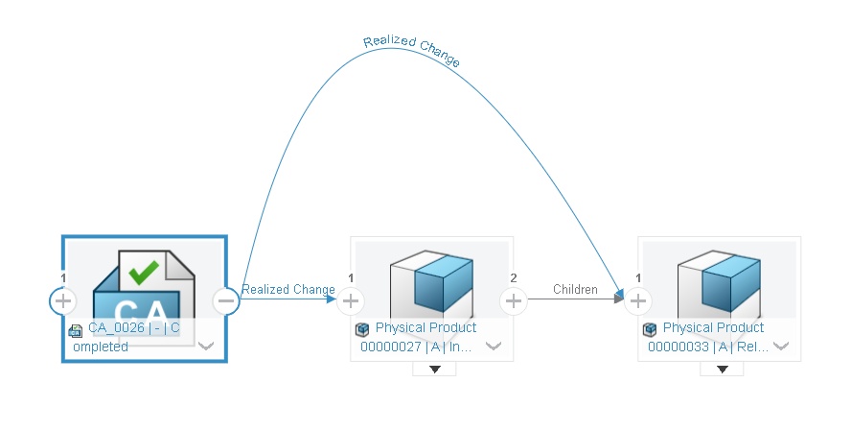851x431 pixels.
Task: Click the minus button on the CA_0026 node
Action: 226,300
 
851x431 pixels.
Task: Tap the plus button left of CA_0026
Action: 63,300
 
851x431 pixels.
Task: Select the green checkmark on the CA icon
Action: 144,273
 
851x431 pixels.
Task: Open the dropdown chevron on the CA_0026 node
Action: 206,347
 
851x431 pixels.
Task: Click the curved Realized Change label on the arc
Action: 411,51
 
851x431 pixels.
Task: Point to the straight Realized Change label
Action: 288,290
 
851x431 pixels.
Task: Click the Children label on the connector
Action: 575,290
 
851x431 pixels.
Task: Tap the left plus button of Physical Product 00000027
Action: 351,300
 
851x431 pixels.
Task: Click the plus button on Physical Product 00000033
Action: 638,300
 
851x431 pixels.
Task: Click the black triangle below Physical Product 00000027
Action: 434,369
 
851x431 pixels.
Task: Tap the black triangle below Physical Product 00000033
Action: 722,369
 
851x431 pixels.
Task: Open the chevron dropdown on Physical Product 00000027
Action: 494,347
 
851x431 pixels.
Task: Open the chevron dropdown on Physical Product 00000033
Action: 781,347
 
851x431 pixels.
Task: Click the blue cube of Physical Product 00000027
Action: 443,283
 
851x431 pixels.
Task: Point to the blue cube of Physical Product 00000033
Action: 730,283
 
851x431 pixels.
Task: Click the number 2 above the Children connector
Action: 514,278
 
